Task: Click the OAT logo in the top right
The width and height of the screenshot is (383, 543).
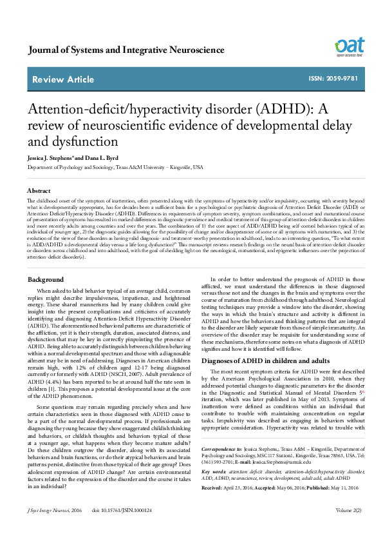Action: coord(349,47)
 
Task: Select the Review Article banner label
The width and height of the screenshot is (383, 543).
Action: coord(63,79)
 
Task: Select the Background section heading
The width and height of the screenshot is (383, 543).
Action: coord(46,279)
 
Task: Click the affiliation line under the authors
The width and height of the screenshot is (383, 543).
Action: coord(115,167)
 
